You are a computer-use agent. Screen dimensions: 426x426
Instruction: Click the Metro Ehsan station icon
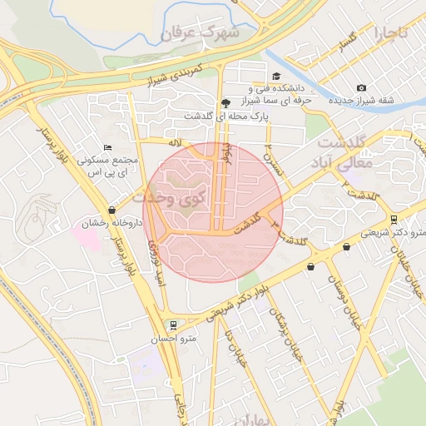[172, 324]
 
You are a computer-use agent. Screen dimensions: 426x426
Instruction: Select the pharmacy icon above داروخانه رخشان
[112, 211]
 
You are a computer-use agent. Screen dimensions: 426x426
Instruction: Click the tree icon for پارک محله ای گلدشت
[225, 103]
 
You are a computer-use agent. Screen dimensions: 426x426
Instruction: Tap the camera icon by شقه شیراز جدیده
[361, 87]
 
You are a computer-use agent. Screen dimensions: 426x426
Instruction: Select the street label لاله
[175, 143]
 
